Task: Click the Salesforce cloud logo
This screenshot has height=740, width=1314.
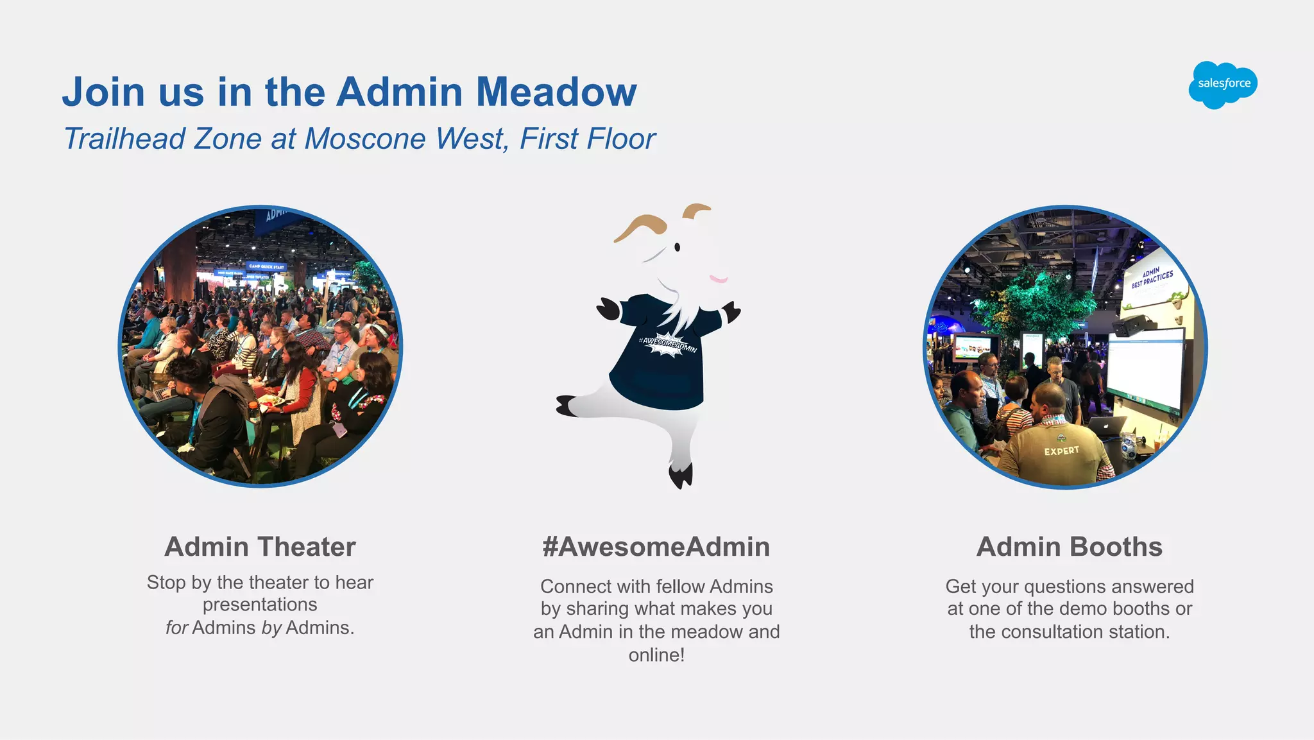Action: (1223, 84)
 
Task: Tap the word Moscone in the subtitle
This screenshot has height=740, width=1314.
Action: (365, 139)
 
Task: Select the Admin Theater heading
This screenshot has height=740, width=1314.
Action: (260, 547)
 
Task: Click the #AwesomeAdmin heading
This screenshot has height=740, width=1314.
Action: (656, 547)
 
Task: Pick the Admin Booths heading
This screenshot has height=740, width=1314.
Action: (1069, 547)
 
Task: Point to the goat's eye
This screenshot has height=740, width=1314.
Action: (677, 247)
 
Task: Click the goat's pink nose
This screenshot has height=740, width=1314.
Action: (719, 279)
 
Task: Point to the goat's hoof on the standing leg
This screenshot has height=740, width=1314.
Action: (681, 476)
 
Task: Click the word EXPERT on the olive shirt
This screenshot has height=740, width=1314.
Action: (1061, 451)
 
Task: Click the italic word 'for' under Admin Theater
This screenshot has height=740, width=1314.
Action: (176, 628)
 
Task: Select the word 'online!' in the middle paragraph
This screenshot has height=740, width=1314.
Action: (656, 655)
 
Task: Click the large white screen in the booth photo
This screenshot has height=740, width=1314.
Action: (1145, 369)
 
